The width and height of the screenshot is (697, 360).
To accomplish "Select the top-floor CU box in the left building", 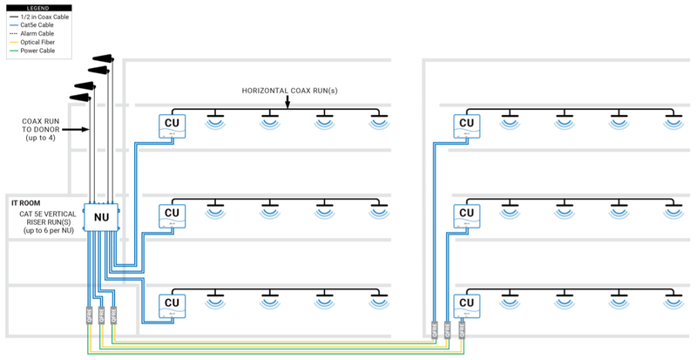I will pyautogui.click(x=172, y=126).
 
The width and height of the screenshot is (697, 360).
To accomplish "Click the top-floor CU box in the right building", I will pyautogui.click(x=466, y=126).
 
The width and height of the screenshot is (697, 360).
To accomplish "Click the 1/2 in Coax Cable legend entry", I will pyautogui.click(x=38, y=17).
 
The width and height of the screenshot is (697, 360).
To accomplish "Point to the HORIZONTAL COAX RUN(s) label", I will pyautogui.click(x=289, y=91).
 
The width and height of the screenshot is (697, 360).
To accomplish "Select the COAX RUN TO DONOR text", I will pyautogui.click(x=42, y=129).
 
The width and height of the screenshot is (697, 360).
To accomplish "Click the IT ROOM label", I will pyautogui.click(x=26, y=202).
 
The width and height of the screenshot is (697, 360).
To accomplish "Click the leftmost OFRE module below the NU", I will pyautogui.click(x=88, y=316).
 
